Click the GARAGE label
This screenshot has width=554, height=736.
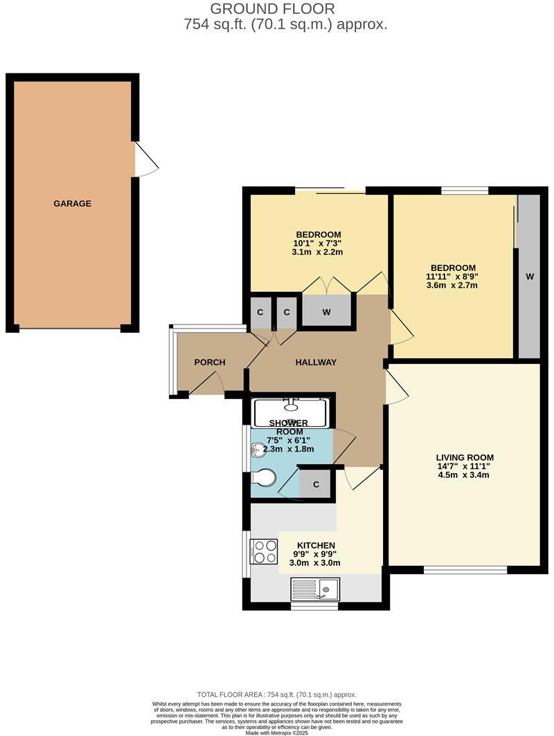click(72, 203)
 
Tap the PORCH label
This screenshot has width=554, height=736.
click(209, 362)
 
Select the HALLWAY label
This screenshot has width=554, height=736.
click(316, 362)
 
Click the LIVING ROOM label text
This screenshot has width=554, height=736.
click(464, 457)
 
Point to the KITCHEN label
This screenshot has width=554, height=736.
click(315, 545)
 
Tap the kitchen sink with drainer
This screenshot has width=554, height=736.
click(314, 590)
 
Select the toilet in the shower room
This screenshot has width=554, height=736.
click(262, 477)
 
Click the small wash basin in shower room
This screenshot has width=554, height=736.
click(256, 450)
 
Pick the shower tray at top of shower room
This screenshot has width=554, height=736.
click(291, 412)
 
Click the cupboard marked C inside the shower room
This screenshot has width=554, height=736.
click(316, 485)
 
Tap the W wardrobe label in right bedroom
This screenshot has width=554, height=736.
click(530, 277)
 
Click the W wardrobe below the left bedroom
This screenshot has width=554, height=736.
click(326, 311)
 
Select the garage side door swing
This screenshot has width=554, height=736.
click(146, 160)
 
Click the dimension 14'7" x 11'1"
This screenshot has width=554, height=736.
click(464, 466)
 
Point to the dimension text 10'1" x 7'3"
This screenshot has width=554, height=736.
click(317, 243)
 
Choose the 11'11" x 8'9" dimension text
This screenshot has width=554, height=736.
click(453, 277)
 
